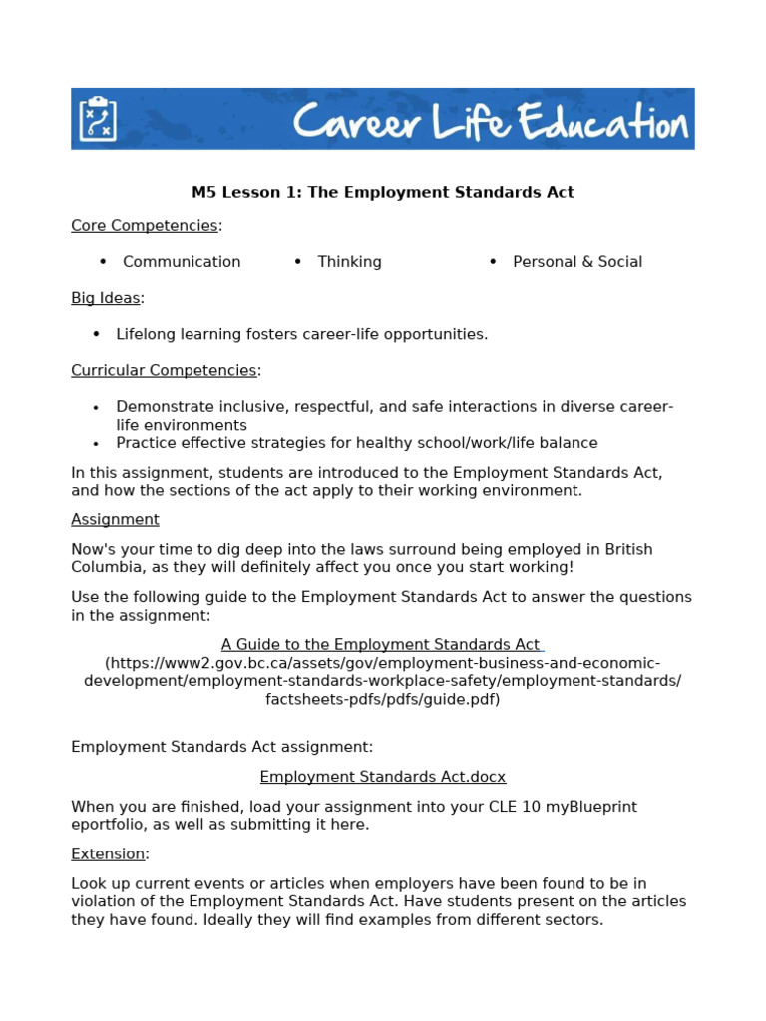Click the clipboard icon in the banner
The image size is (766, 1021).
click(x=97, y=119)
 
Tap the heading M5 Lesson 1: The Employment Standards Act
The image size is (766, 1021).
click(x=382, y=192)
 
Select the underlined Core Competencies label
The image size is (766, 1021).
click(x=145, y=226)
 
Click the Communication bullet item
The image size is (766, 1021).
click(x=182, y=262)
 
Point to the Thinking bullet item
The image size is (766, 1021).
click(x=349, y=262)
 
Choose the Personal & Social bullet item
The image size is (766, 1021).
click(x=577, y=262)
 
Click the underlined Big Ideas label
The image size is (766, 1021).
click(x=106, y=298)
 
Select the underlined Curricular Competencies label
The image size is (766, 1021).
click(x=164, y=370)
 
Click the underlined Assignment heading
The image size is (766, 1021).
click(x=115, y=519)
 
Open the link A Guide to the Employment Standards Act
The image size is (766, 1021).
click(x=381, y=645)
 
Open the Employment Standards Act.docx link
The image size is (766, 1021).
click(x=383, y=777)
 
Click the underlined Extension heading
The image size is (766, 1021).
click(x=108, y=854)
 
